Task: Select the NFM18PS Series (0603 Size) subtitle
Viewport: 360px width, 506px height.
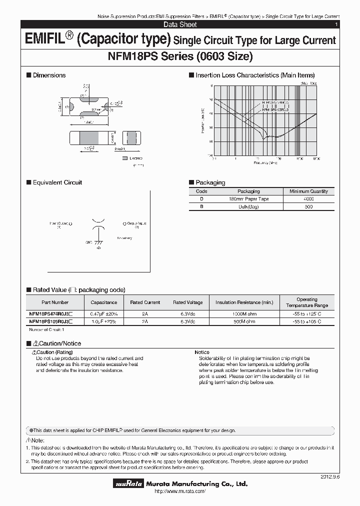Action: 180,56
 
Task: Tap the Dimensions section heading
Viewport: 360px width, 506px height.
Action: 49,75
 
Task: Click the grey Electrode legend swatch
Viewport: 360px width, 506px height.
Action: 124,158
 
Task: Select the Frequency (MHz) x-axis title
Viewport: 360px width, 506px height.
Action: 265,162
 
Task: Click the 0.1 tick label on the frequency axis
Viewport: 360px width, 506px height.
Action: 213,157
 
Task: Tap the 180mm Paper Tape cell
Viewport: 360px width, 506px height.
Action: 248,199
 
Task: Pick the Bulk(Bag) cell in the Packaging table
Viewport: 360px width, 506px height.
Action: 248,206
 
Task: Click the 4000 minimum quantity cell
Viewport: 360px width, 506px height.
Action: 308,199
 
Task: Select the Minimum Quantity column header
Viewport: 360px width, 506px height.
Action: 308,191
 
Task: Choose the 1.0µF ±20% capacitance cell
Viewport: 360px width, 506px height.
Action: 103,321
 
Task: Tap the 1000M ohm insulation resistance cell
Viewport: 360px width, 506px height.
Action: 244,314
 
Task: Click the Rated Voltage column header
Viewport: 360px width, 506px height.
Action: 187,302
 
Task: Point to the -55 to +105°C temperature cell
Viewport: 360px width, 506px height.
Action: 306,321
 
